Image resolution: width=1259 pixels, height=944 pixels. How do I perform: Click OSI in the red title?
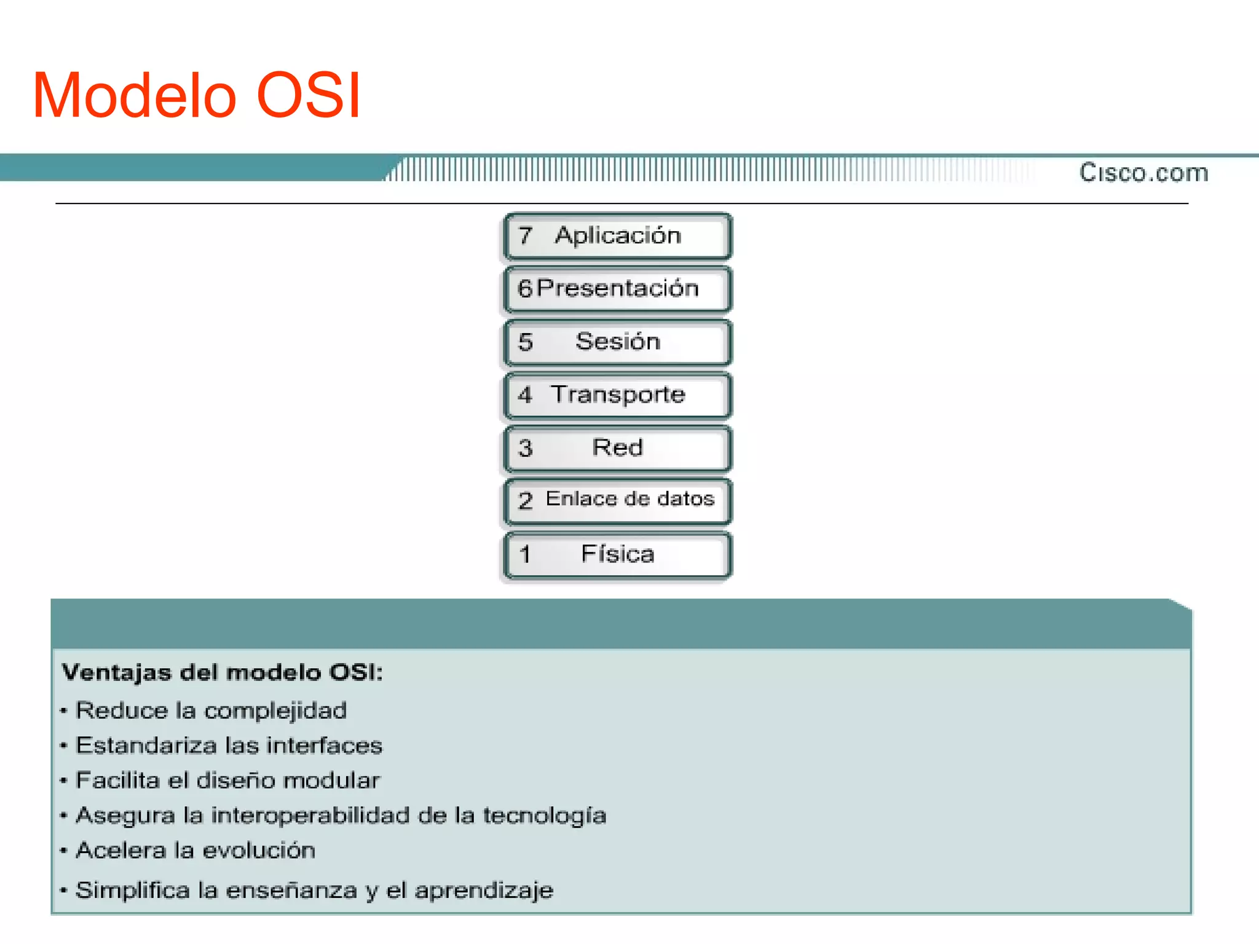click(307, 96)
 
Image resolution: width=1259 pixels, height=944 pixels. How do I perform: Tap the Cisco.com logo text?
click(1143, 173)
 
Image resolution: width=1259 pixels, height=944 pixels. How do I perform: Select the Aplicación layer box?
click(617, 237)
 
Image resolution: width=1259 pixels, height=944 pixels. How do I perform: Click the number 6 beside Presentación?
click(524, 288)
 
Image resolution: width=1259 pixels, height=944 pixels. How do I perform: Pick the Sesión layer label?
click(617, 342)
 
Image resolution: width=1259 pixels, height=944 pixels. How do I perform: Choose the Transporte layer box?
click(617, 395)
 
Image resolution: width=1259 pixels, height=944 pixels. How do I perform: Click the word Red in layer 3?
click(617, 447)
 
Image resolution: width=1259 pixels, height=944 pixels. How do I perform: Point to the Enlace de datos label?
click(629, 498)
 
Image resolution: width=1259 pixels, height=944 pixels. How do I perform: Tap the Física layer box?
click(617, 555)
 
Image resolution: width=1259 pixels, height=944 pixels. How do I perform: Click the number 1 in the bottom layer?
click(524, 555)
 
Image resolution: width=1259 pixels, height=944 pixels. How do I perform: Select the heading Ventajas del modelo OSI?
click(222, 672)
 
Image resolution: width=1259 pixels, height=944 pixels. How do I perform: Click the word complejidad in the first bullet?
click(275, 711)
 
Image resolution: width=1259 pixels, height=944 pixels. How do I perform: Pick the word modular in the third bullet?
click(331, 781)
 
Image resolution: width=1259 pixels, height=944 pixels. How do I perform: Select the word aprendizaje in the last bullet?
click(483, 891)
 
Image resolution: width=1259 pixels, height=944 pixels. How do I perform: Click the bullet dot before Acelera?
click(63, 851)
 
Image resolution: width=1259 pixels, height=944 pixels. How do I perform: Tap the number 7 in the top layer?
click(524, 236)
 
